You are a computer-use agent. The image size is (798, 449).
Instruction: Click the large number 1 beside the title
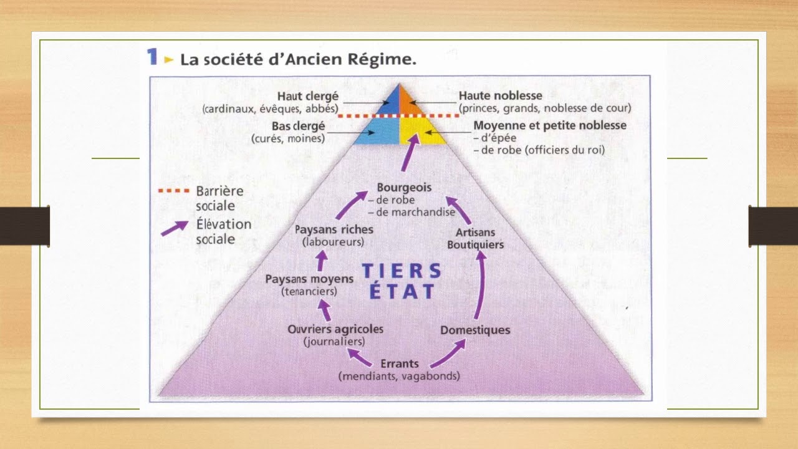pyautogui.click(x=151, y=57)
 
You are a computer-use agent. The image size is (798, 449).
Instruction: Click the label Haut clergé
pyautogui.click(x=308, y=96)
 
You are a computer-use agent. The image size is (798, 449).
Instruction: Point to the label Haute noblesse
pyautogui.click(x=500, y=96)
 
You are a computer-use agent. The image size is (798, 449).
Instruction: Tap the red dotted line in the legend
pyautogui.click(x=174, y=190)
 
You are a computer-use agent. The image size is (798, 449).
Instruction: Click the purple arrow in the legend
pyautogui.click(x=175, y=228)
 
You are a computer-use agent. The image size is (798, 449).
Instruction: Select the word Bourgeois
pyautogui.click(x=404, y=187)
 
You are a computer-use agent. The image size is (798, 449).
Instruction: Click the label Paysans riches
pyautogui.click(x=334, y=229)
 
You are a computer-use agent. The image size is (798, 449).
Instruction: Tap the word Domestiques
pyautogui.click(x=475, y=330)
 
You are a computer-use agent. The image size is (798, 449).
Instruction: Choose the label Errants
pyautogui.click(x=399, y=364)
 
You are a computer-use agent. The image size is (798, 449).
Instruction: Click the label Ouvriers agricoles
pyautogui.click(x=335, y=329)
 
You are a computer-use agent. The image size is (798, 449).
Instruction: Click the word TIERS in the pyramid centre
pyautogui.click(x=401, y=270)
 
